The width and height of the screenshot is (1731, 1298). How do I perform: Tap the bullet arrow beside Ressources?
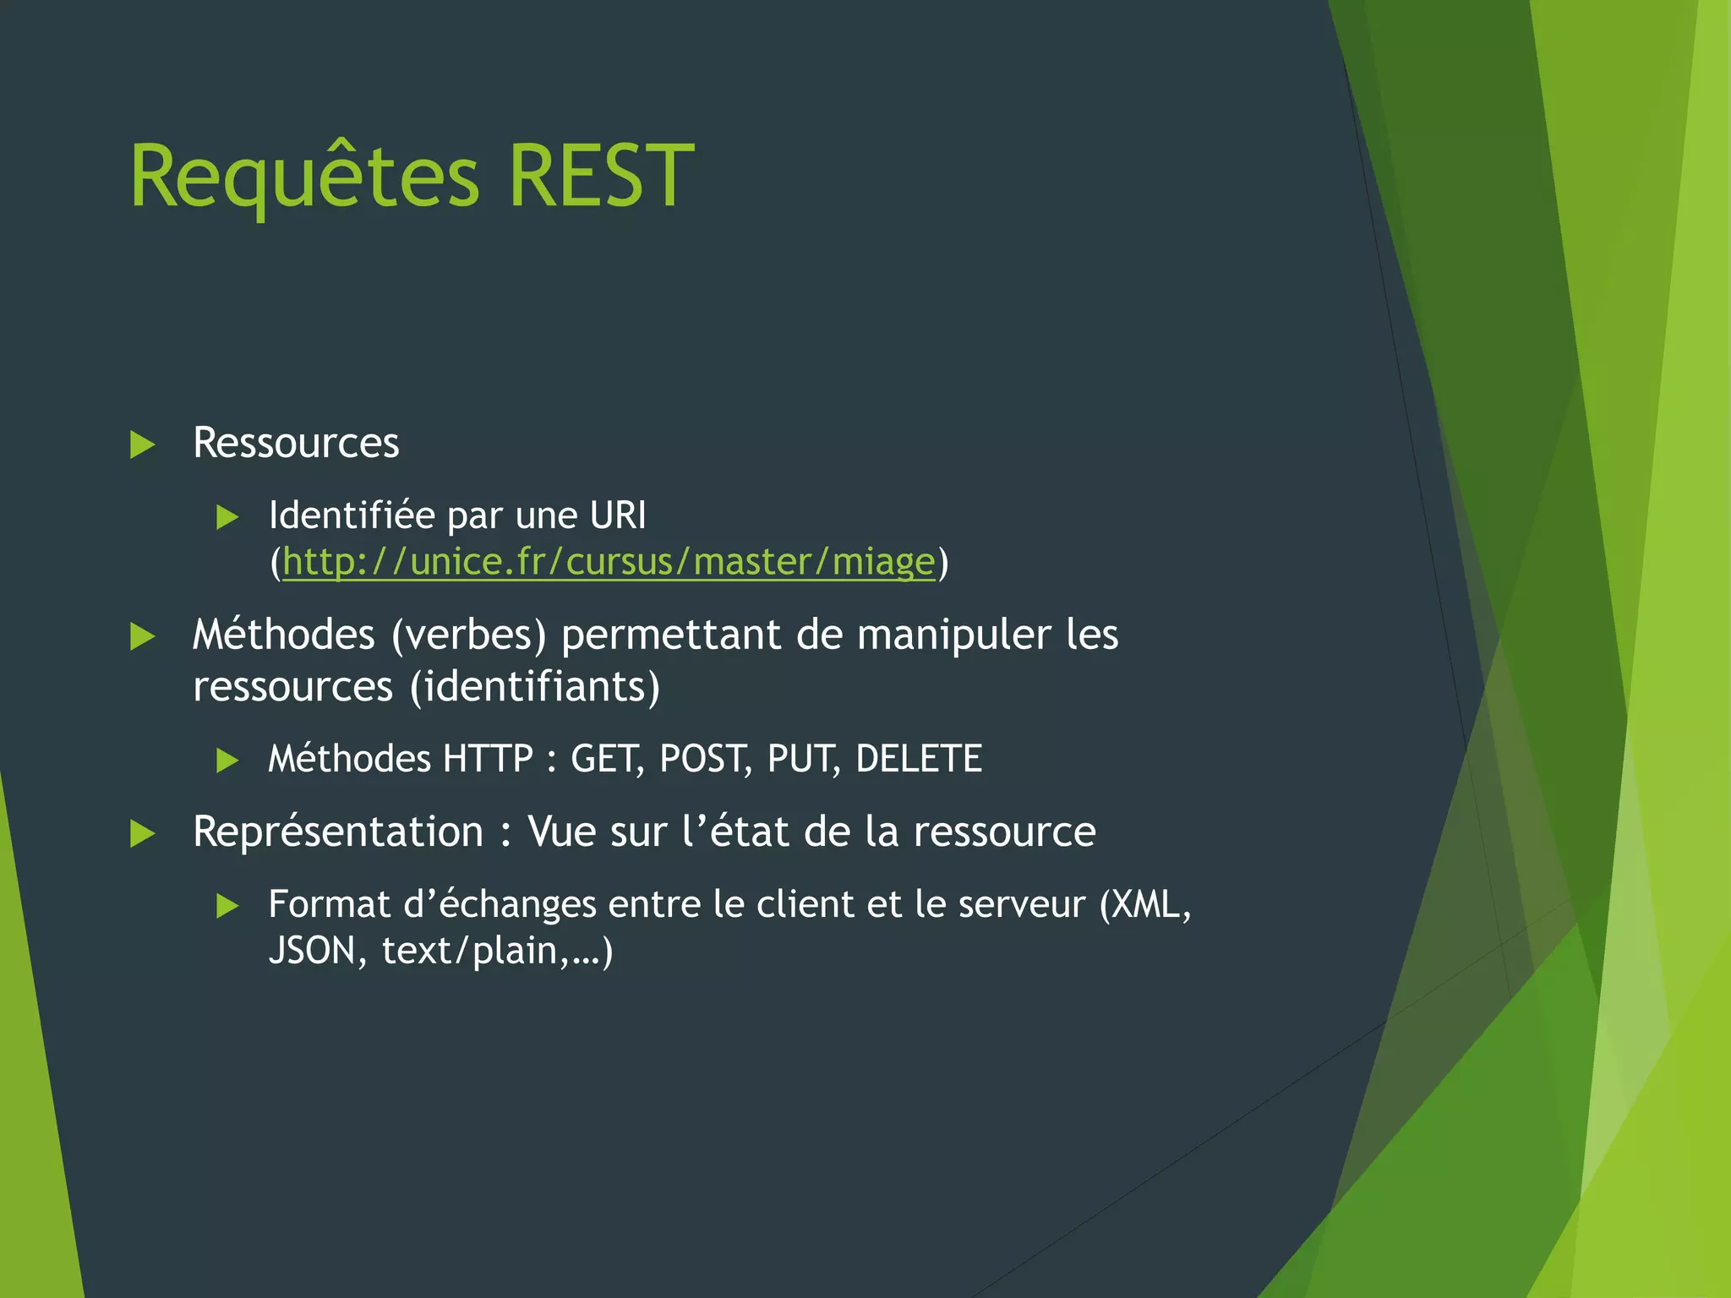coord(143,444)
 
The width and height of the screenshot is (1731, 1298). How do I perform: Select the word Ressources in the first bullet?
coord(296,443)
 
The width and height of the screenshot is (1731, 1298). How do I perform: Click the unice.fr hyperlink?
coord(609,562)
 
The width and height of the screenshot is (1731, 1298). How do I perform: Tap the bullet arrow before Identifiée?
coord(227,517)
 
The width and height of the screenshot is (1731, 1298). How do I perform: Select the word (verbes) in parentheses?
coord(468,635)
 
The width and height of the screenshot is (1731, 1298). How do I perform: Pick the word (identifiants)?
coord(534,686)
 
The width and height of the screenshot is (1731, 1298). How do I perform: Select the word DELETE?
coord(919,759)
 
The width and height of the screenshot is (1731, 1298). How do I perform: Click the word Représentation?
coord(338,832)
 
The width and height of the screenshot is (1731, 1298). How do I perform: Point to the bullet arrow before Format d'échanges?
coord(227,907)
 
